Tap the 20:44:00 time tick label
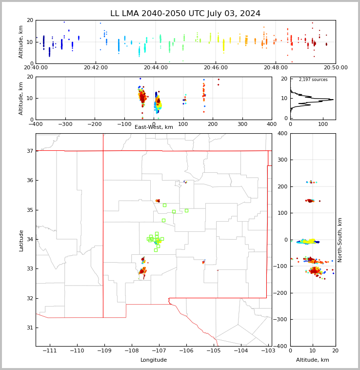pyautogui.click(x=156, y=67)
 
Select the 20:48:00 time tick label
pyautogui.click(x=276, y=67)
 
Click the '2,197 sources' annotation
pyautogui.click(x=313, y=80)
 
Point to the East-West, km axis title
pyautogui.click(x=154, y=127)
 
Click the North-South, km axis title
pyautogui.click(x=340, y=240)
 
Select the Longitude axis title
pyautogui.click(x=154, y=360)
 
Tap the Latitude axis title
pyautogui.click(x=21, y=241)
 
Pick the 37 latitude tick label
pyautogui.click(x=30, y=151)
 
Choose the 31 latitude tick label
pyautogui.click(x=30, y=328)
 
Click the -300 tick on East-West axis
pyautogui.click(x=65, y=124)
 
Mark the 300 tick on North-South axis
pyautogui.click(x=283, y=160)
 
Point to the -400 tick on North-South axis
pyautogui.click(x=280, y=346)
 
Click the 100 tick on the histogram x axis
pyautogui.click(x=323, y=124)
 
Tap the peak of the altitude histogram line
pyautogui.click(x=333, y=100)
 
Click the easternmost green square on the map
pyautogui.click(x=186, y=210)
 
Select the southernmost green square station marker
pyautogui.click(x=156, y=250)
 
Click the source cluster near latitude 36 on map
pyautogui.click(x=185, y=182)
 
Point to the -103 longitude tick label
pyautogui.click(x=268, y=350)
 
